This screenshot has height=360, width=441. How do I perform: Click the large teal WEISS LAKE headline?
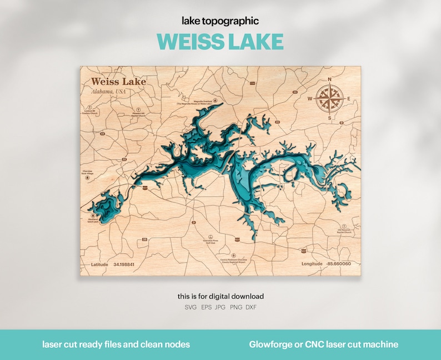tap(220, 42)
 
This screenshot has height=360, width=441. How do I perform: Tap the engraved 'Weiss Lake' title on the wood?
tap(119, 82)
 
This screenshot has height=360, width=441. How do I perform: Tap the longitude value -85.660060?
tap(339, 264)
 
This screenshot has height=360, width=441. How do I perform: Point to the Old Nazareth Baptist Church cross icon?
tap(344, 223)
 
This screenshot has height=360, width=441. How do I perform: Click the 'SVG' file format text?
tap(191, 307)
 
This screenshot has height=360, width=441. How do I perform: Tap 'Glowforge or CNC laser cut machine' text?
tap(323, 344)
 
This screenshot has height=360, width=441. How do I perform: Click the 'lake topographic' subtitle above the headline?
tap(220, 21)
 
